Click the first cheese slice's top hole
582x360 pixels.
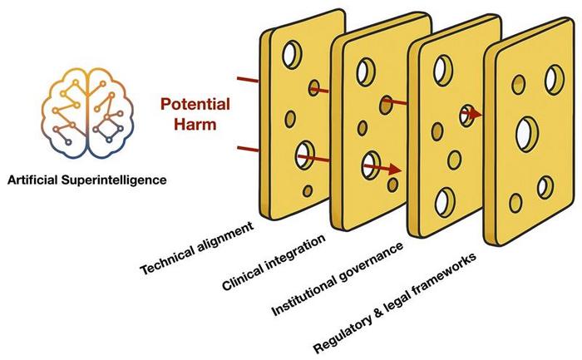point(292,55)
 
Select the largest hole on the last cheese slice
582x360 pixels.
point(525,132)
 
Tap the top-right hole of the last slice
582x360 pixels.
point(551,78)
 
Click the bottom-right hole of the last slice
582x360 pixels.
point(545,187)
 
